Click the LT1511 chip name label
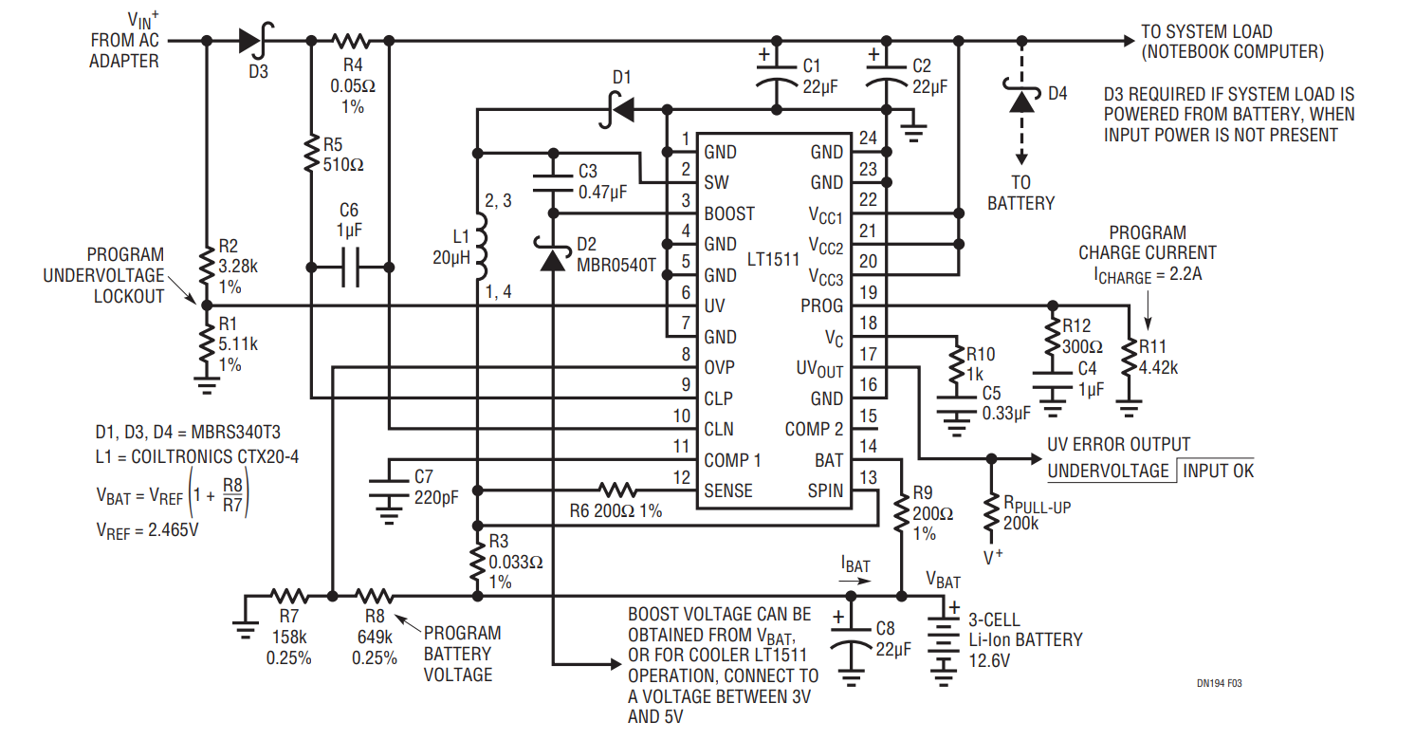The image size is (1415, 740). point(773,259)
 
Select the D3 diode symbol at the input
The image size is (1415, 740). point(252,41)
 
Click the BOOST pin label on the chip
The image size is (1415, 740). point(729,213)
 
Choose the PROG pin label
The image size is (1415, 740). point(821,305)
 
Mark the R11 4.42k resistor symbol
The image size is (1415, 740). point(1128,358)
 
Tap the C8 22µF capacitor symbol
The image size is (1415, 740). point(851,637)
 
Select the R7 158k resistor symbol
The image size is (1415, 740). point(289,597)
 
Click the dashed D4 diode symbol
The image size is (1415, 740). point(1021,99)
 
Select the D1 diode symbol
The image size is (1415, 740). point(620,110)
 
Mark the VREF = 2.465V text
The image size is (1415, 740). point(148,530)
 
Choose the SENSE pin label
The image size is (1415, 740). point(728,490)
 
